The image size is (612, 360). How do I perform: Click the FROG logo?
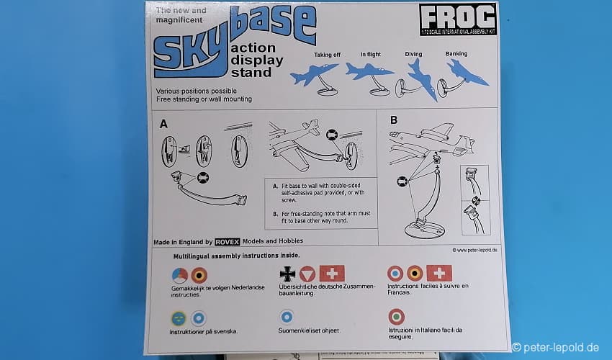tap(458, 19)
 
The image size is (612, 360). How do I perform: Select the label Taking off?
tap(327, 55)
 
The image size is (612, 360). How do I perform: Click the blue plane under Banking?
tap(467, 73)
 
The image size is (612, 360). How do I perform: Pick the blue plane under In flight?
tap(368, 71)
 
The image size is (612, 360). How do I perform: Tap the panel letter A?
tap(163, 124)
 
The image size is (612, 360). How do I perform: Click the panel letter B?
tap(394, 120)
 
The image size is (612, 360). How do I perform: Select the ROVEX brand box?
tap(227, 242)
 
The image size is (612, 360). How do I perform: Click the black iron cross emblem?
tap(288, 274)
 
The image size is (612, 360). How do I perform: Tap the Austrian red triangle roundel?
tap(307, 274)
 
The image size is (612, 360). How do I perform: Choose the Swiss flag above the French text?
tap(439, 273)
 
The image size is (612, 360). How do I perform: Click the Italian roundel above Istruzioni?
tap(396, 317)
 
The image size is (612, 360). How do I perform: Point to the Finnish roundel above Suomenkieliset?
tap(287, 317)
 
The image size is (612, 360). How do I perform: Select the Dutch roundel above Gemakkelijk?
tap(179, 276)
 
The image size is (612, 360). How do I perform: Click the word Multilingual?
tap(192, 256)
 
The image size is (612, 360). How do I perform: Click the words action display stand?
tap(257, 60)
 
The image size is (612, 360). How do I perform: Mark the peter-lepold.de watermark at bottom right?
tap(555, 347)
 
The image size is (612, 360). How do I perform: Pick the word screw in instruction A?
tap(289, 200)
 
